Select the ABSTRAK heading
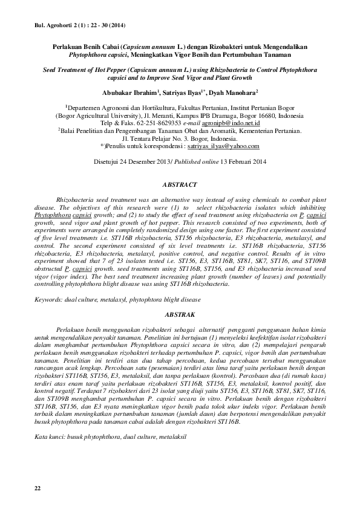(x=180, y=316)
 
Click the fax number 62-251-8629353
(x=163, y=122)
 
